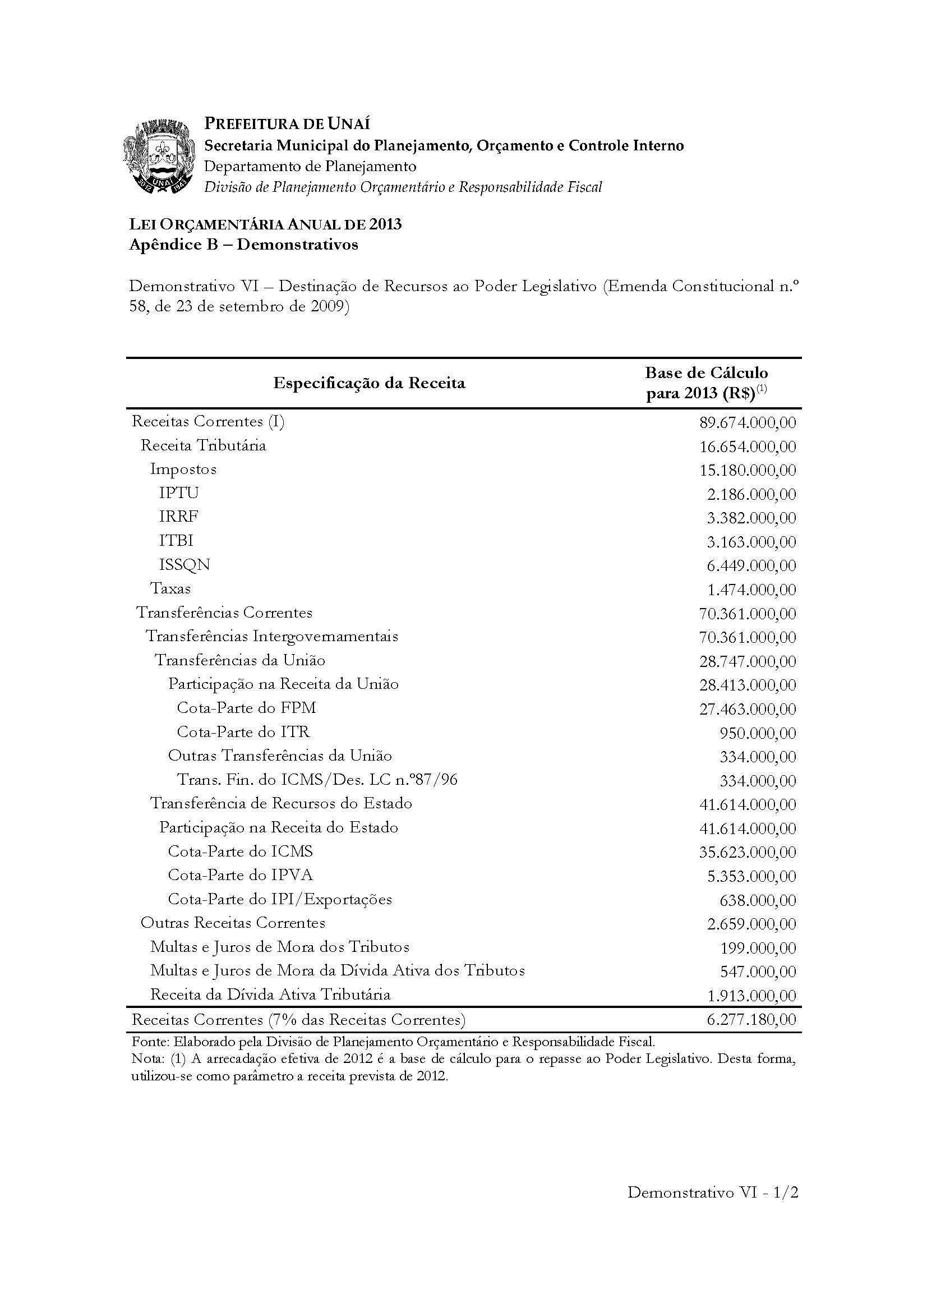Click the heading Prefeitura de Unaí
[287, 123]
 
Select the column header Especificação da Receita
[369, 383]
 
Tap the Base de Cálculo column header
[707, 384]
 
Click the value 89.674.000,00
[748, 423]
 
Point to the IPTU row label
[179, 492]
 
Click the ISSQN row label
[185, 565]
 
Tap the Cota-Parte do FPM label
[246, 708]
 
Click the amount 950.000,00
[758, 733]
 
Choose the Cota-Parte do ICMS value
[748, 853]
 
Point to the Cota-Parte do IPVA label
[241, 876]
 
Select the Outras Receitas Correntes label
[233, 923]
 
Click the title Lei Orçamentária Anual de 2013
[266, 224]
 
